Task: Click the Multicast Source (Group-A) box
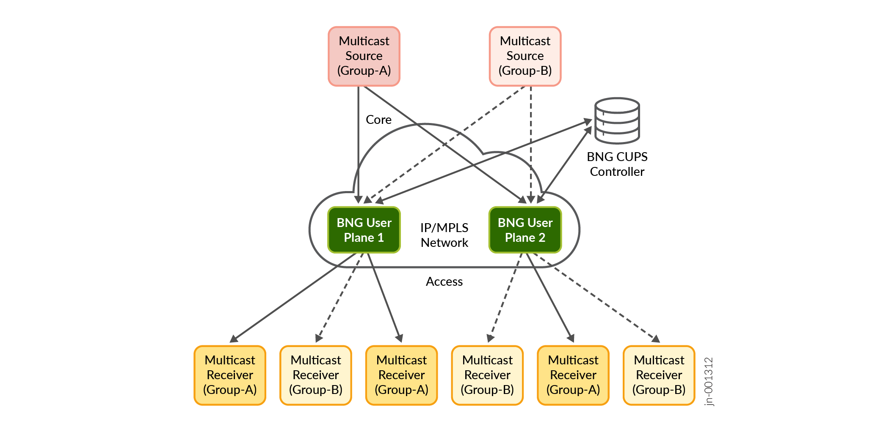click(364, 56)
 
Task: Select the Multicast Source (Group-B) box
click(525, 56)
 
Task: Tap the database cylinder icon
click(617, 121)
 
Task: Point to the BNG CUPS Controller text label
click(617, 164)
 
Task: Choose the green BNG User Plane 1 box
click(364, 230)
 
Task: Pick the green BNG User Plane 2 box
click(525, 230)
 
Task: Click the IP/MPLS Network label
click(444, 235)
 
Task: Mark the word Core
click(378, 120)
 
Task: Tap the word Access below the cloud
click(444, 282)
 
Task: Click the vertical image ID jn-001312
click(709, 381)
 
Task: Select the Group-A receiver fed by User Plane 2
click(573, 375)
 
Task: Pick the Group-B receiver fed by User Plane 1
click(316, 375)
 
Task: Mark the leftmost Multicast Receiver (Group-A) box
click(230, 375)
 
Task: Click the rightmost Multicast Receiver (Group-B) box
click(659, 375)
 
